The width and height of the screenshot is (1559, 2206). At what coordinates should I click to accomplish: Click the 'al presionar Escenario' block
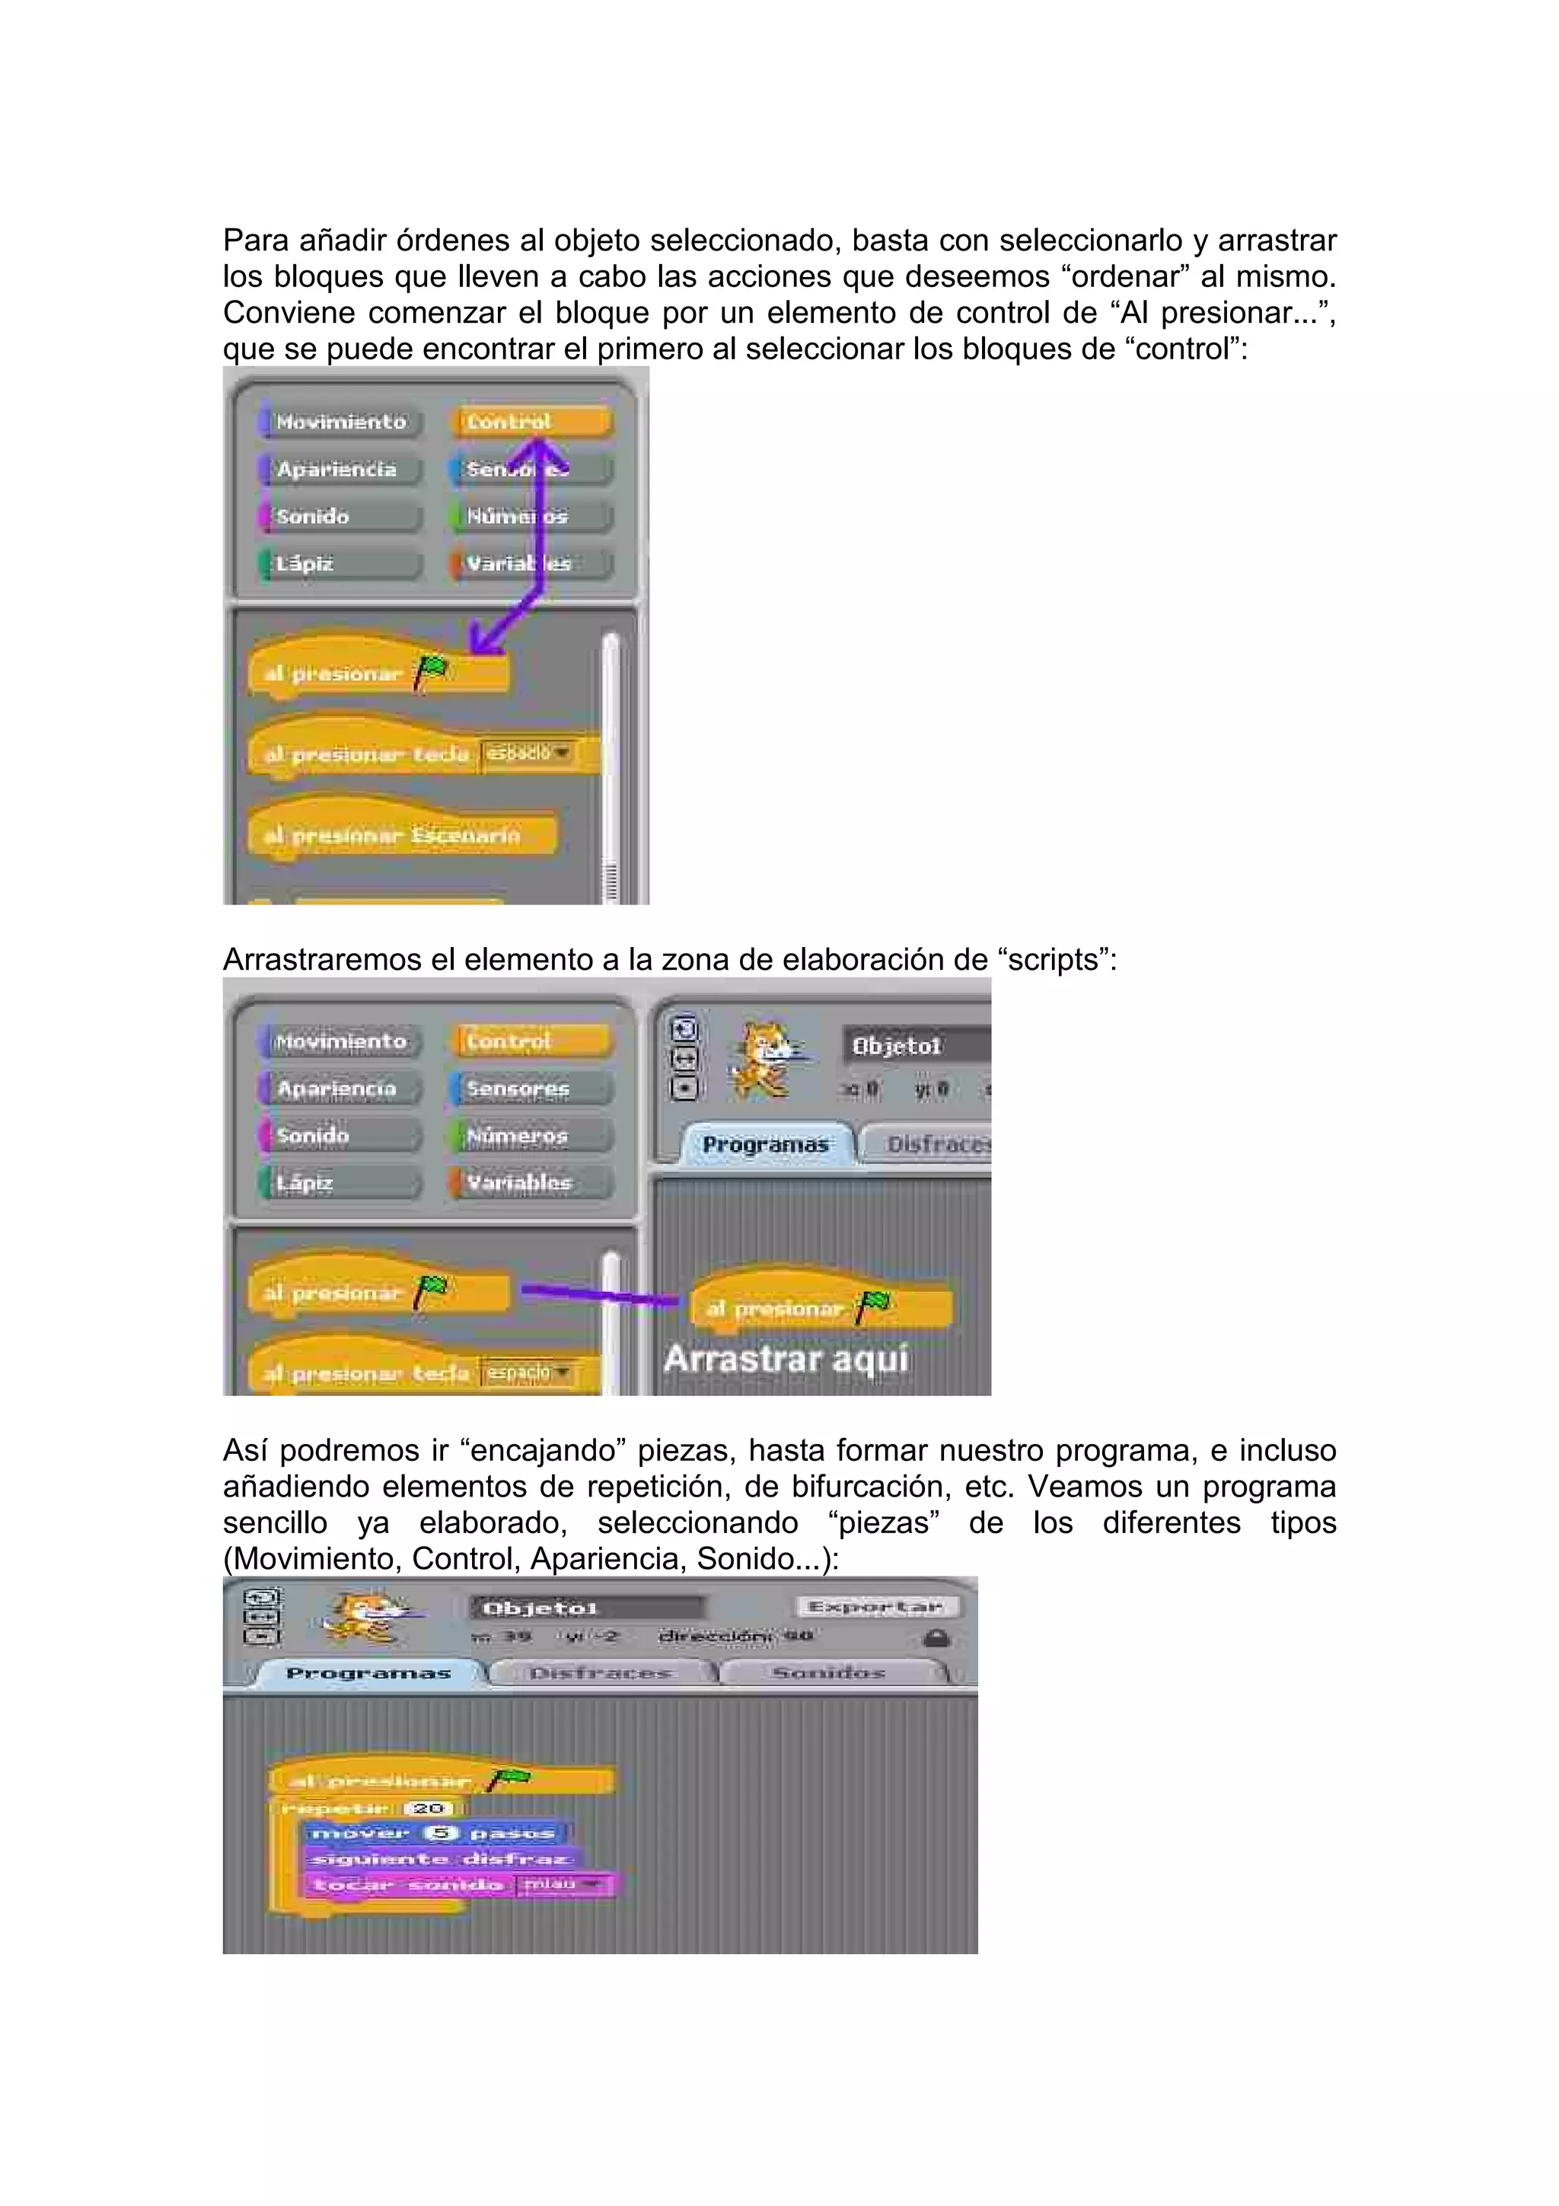(394, 835)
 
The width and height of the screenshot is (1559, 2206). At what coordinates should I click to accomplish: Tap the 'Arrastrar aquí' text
(786, 1359)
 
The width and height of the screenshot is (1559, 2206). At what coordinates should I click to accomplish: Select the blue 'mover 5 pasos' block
(433, 1832)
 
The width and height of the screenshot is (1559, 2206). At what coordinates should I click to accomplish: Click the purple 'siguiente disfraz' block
(440, 1858)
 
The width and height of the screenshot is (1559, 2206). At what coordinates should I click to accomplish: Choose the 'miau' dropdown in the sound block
(560, 1884)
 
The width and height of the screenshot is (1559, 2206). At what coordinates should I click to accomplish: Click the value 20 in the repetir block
(429, 1807)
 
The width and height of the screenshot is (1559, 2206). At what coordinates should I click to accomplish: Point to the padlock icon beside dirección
(936, 1638)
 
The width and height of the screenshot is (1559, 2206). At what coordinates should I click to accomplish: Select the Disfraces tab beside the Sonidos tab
(601, 1672)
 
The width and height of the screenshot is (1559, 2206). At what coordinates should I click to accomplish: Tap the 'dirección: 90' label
(736, 1635)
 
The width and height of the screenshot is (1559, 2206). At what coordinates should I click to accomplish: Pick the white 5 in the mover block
(440, 1832)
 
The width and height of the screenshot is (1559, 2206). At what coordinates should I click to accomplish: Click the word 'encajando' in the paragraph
(539, 1450)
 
